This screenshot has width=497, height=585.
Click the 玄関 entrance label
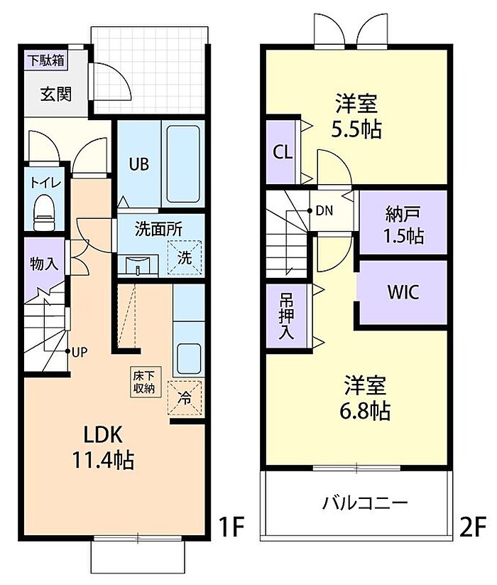pos(55,94)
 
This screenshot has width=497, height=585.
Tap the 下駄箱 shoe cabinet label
pos(46,60)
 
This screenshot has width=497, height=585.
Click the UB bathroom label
pos(138,164)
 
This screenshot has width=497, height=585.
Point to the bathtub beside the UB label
pos(184,163)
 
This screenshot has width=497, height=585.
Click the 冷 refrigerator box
pos(184,398)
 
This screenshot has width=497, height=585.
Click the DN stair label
pos(324,210)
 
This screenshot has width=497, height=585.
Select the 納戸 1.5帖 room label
pos(404,224)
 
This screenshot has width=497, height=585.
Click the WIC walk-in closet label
pos(403,292)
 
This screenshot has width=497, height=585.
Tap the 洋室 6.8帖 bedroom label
pos(366,397)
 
